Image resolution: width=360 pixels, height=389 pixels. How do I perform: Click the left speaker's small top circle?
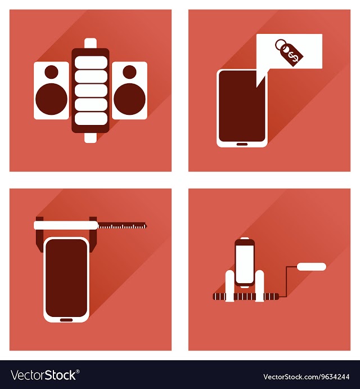coord(51,71)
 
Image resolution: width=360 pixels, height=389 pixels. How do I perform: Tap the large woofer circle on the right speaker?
coord(129,99)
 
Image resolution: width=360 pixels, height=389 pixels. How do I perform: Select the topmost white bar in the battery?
coord(91,62)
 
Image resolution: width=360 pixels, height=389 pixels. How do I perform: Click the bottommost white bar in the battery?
coord(91,119)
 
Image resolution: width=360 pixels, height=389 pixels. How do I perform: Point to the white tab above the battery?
coord(90,43)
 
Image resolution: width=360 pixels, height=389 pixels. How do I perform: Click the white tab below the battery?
coord(90,137)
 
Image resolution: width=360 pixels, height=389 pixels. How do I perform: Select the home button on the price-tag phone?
coord(242,144)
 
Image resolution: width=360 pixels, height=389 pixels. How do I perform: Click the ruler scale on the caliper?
coord(121,226)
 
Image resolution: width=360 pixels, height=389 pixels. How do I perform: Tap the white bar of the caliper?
coord(66,225)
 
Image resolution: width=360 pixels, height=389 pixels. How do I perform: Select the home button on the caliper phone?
coord(66,320)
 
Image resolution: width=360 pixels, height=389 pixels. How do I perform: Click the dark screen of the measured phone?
coord(66,278)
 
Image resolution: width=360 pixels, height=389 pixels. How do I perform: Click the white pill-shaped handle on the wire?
coord(312,267)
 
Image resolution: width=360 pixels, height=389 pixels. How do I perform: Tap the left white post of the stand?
coord(229,286)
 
